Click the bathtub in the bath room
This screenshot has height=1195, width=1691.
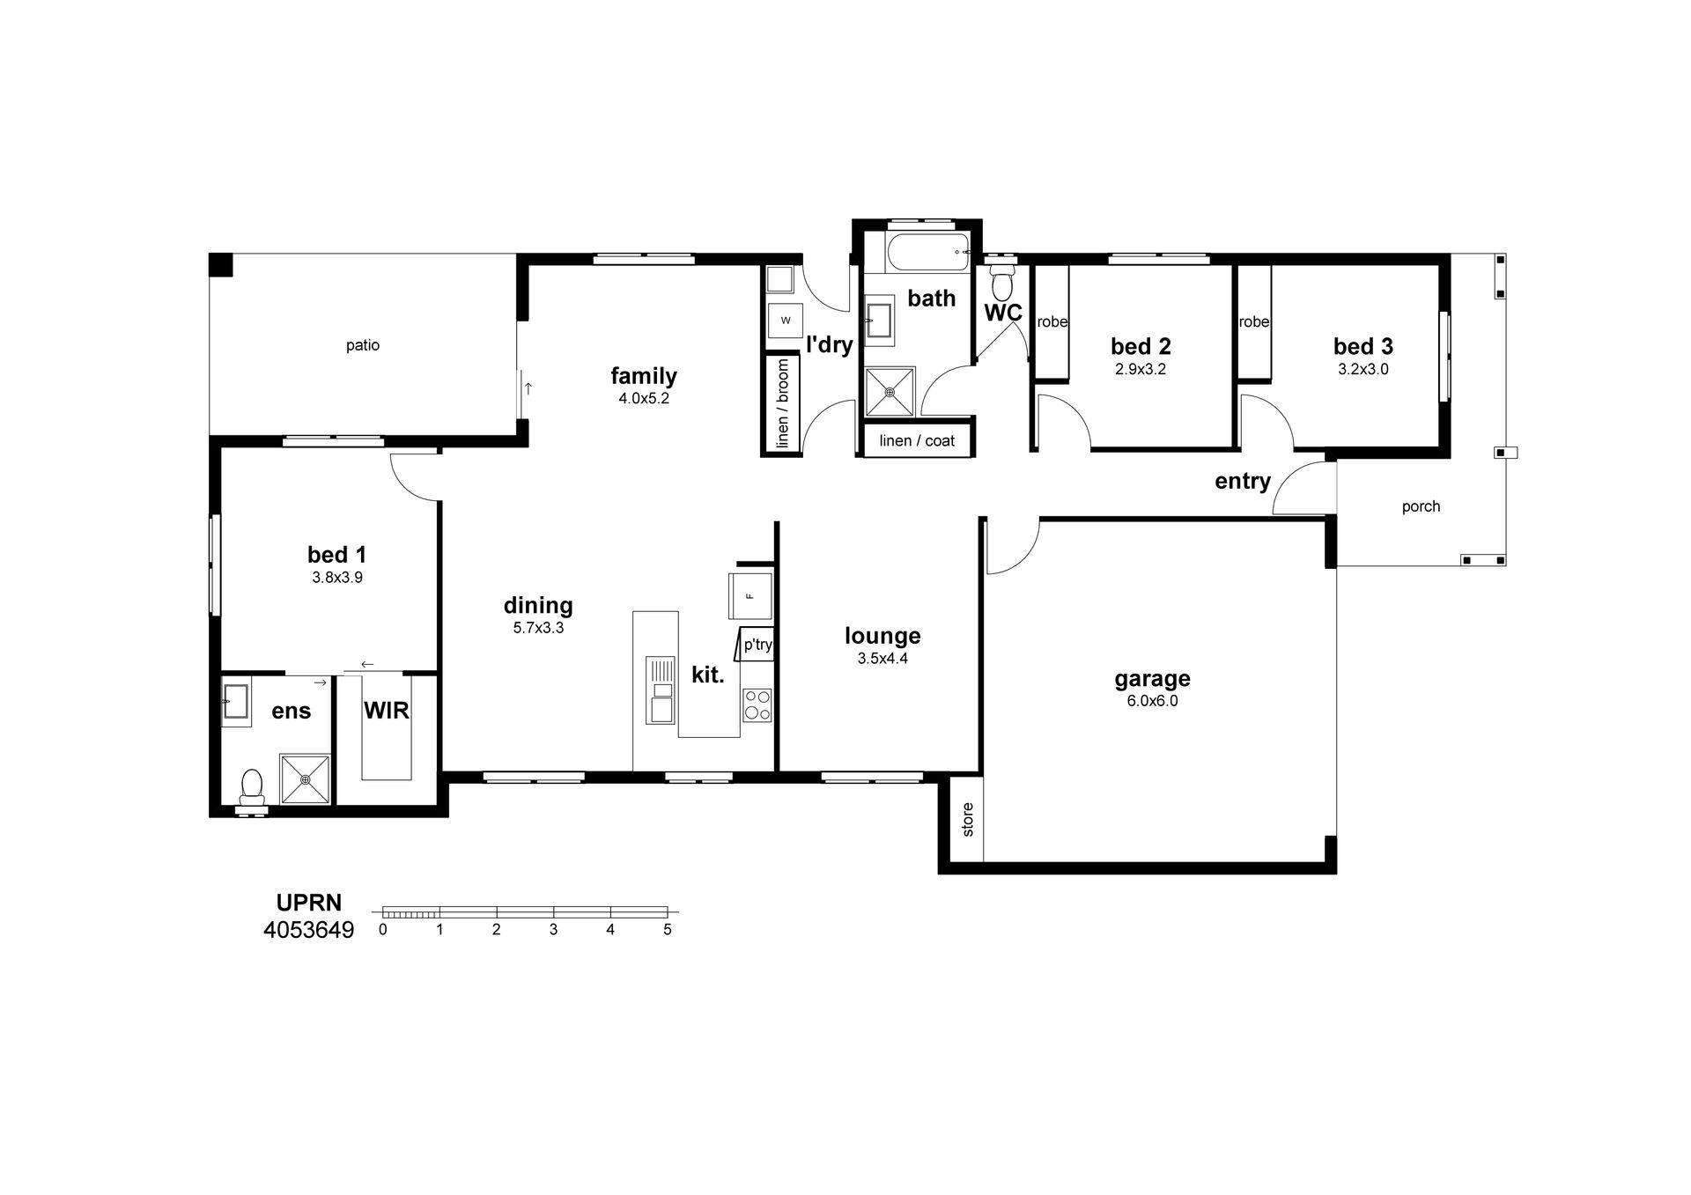928,253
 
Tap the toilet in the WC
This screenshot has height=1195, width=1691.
1001,279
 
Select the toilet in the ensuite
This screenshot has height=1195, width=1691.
252,786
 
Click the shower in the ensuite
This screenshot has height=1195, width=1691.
305,779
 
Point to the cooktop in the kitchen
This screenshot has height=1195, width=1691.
757,705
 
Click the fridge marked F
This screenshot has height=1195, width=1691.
750,595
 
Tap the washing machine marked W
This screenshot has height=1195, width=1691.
786,320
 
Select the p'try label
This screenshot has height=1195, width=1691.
758,645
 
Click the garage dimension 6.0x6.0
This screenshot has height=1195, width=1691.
1152,701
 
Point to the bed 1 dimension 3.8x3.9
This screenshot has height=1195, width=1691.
337,578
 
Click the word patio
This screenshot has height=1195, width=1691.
363,345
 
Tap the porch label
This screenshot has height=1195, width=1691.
1421,506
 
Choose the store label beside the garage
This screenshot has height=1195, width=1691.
968,819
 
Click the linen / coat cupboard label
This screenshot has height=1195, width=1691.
917,440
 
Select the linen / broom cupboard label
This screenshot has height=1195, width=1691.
783,403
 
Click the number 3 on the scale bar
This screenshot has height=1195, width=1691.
553,929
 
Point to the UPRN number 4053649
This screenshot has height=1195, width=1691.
308,930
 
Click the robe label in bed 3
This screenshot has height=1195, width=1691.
1254,321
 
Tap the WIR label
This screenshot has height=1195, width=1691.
387,710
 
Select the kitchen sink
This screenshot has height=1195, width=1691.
661,690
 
